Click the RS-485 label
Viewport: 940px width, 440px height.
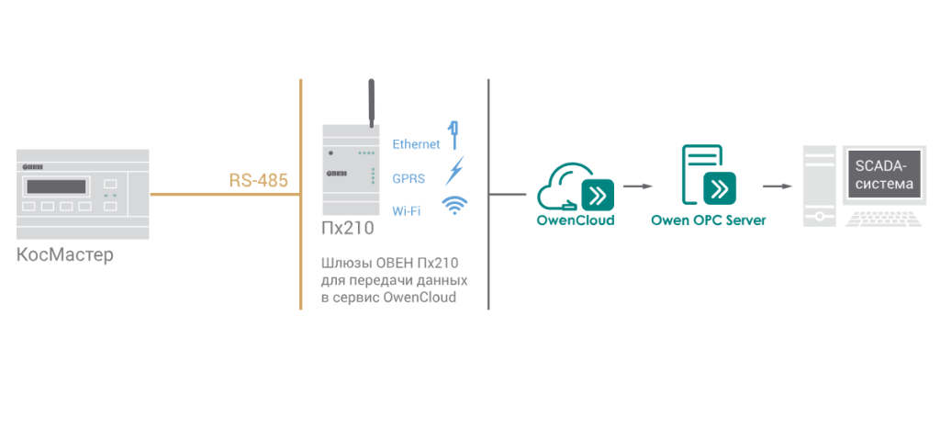click(x=258, y=180)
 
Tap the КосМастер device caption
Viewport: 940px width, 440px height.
click(x=65, y=255)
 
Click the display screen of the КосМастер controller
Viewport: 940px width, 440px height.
click(x=56, y=186)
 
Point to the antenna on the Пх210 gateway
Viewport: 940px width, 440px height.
click(x=371, y=103)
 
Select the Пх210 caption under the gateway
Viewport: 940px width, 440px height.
click(x=348, y=228)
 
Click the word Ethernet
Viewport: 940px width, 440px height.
click(x=416, y=144)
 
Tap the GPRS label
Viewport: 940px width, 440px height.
click(x=408, y=178)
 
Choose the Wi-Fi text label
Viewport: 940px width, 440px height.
click(x=407, y=211)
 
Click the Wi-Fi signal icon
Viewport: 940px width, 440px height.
click(x=455, y=205)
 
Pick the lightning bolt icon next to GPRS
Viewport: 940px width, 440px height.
click(x=454, y=171)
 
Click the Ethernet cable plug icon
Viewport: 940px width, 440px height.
click(x=454, y=135)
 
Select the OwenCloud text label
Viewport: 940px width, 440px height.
click(x=576, y=220)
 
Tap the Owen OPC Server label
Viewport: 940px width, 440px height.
click(x=709, y=220)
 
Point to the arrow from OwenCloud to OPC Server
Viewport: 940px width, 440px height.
click(x=638, y=186)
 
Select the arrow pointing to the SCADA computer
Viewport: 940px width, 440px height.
click(x=778, y=186)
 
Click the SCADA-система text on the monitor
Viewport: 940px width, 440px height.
click(x=884, y=175)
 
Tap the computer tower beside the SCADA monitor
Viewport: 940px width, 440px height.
click(x=819, y=186)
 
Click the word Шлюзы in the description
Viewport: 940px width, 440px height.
click(x=340, y=265)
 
